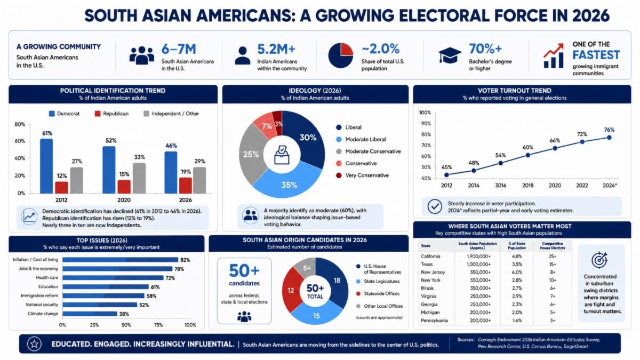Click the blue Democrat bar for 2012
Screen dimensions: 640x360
click(x=46, y=166)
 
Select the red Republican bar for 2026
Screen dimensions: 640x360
click(x=186, y=186)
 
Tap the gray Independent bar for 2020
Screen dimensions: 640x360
click(x=139, y=178)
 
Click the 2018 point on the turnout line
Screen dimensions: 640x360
click(x=527, y=155)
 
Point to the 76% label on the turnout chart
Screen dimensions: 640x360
click(x=609, y=130)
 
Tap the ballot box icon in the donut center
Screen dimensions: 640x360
click(x=282, y=155)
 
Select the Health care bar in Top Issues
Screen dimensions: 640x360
click(x=113, y=278)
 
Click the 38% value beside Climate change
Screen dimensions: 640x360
click(x=124, y=314)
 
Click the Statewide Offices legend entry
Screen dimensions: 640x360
click(x=378, y=294)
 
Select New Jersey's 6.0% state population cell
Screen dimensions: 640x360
click(x=517, y=273)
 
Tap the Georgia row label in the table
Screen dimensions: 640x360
click(x=429, y=305)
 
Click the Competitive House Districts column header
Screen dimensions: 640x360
click(x=553, y=246)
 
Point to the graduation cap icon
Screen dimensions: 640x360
click(x=450, y=55)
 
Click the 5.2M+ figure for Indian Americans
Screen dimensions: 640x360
click(x=276, y=49)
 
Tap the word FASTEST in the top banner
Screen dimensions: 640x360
click(x=596, y=55)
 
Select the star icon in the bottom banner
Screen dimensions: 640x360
click(x=34, y=343)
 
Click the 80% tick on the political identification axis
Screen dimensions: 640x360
click(x=20, y=125)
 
